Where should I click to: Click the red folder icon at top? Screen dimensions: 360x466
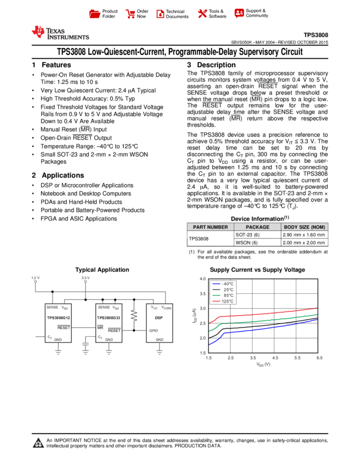pyautogui.click(x=95, y=14)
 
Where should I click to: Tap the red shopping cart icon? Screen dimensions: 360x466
pyautogui.click(x=130, y=14)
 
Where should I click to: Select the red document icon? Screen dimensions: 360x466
pyautogui.click(x=161, y=14)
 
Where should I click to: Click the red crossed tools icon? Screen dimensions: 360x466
pyautogui.click(x=203, y=14)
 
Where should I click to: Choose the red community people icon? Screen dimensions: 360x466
pyautogui.click(x=239, y=13)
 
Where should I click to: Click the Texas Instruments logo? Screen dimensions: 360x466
pyautogui.click(x=60, y=33)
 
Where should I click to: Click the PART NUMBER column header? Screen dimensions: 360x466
pyautogui.click(x=210, y=227)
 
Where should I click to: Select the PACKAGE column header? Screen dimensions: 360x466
pyautogui.click(x=258, y=227)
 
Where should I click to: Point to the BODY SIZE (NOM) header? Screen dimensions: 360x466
pyautogui.click(x=305, y=227)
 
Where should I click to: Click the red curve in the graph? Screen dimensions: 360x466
pyautogui.click(x=263, y=314)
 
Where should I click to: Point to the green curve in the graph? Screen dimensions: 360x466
pyautogui.click(x=263, y=321)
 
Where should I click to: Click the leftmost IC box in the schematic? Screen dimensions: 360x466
pyautogui.click(x=58, y=323)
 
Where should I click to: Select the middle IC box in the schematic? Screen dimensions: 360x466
pyautogui.click(x=108, y=323)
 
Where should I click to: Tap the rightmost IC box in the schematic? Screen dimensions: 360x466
pyautogui.click(x=159, y=323)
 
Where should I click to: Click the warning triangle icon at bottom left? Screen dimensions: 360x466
pyautogui.click(x=38, y=443)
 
